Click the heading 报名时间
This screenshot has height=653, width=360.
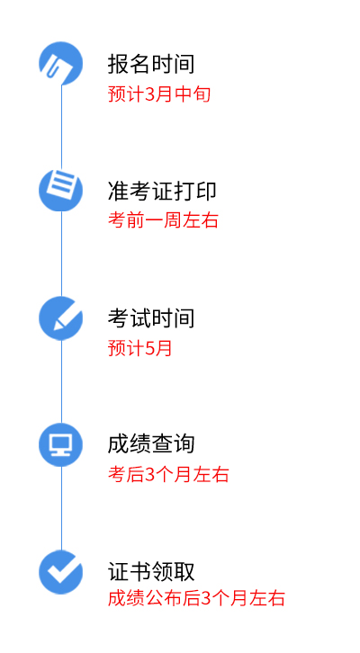coord(151,64)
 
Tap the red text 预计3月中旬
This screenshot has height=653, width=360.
coord(159,94)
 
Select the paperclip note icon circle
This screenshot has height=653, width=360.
coord(61,63)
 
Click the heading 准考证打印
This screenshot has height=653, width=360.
coord(162,192)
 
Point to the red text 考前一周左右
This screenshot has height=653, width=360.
coord(163,219)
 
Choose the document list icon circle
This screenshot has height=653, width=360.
coord(61,190)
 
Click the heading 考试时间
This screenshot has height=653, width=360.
coord(151,318)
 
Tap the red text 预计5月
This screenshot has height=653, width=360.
coord(140,348)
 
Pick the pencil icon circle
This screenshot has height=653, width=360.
coord(61,318)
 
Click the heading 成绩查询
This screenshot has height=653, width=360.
coord(151,444)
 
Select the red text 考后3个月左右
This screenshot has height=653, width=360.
coord(168,475)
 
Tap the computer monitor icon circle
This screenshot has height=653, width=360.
coord(61,444)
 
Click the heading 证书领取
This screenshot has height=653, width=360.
coord(151,571)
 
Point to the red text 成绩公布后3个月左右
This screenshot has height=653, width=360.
coord(196,598)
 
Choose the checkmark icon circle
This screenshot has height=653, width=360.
coord(61,572)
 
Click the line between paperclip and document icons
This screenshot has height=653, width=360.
coord(62,127)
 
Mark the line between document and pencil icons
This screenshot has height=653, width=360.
coord(62,254)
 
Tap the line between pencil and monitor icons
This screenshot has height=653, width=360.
coord(62,381)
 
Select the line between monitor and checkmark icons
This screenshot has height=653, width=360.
coord(62,508)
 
